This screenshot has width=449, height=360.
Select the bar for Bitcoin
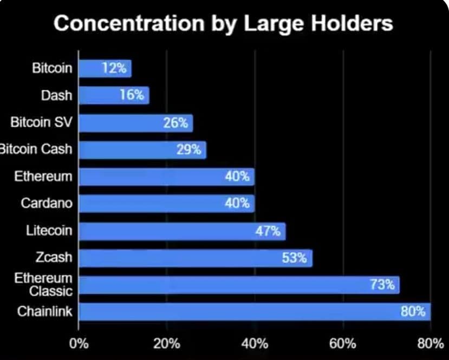(105, 69)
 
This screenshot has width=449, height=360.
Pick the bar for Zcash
(196, 258)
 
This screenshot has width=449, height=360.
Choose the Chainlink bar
(255, 312)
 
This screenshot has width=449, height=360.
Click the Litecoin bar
(182, 231)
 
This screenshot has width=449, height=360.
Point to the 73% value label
(382, 285)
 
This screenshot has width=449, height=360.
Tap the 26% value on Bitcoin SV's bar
(175, 123)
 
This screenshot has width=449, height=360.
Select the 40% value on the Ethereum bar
(237, 176)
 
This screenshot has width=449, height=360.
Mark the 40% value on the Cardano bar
(237, 204)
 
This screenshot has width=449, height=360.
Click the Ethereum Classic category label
(43, 285)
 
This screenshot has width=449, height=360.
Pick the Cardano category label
(46, 204)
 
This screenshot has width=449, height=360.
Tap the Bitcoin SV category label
(41, 122)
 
